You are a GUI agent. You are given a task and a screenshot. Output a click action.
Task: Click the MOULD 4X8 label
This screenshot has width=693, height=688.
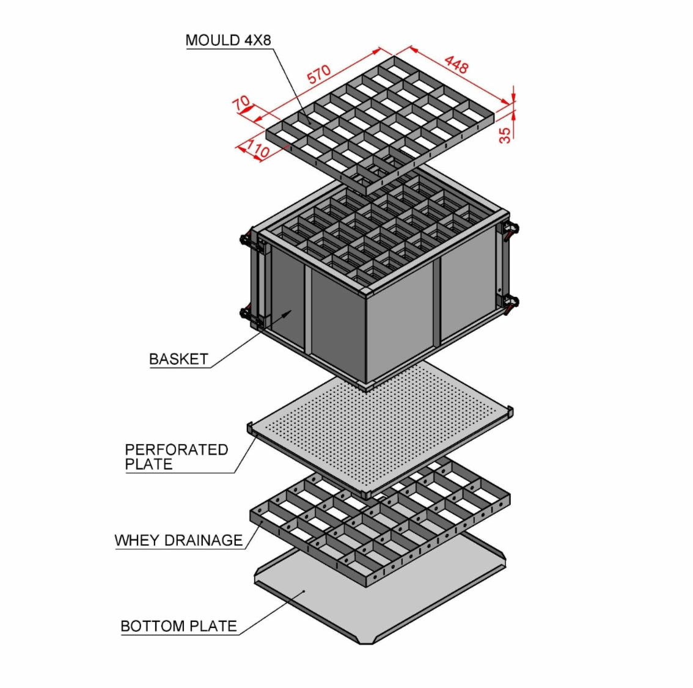(228, 40)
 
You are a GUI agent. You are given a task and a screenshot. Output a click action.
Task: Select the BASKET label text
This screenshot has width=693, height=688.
(178, 359)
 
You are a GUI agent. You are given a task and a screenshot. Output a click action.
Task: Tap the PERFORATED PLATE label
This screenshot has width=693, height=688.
(177, 457)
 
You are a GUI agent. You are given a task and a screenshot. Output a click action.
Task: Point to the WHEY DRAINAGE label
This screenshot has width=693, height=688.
(178, 540)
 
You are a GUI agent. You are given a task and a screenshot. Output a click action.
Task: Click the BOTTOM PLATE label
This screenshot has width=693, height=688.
(178, 626)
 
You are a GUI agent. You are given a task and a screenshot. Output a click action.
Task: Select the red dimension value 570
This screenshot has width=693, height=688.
(319, 74)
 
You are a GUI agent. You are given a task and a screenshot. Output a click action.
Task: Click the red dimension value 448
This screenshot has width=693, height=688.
(456, 65)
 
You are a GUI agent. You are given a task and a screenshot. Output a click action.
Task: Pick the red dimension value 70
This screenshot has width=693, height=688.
(241, 103)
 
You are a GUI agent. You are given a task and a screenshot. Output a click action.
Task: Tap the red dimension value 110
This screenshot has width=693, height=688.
(257, 148)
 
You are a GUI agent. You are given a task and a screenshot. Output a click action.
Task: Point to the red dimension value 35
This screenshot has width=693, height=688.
(505, 135)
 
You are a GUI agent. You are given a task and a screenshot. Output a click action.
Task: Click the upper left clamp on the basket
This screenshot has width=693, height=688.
(246, 240)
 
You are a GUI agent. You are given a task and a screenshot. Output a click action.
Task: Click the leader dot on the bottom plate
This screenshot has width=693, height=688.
(304, 591)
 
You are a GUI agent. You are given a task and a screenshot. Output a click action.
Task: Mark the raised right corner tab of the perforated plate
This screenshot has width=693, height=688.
(510, 411)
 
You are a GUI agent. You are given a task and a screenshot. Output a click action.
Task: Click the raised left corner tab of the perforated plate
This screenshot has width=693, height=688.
(250, 428)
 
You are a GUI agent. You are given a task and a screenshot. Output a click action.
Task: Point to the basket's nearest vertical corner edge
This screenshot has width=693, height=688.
(366, 338)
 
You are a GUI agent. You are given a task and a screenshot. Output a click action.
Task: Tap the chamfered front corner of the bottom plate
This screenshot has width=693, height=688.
(366, 642)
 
